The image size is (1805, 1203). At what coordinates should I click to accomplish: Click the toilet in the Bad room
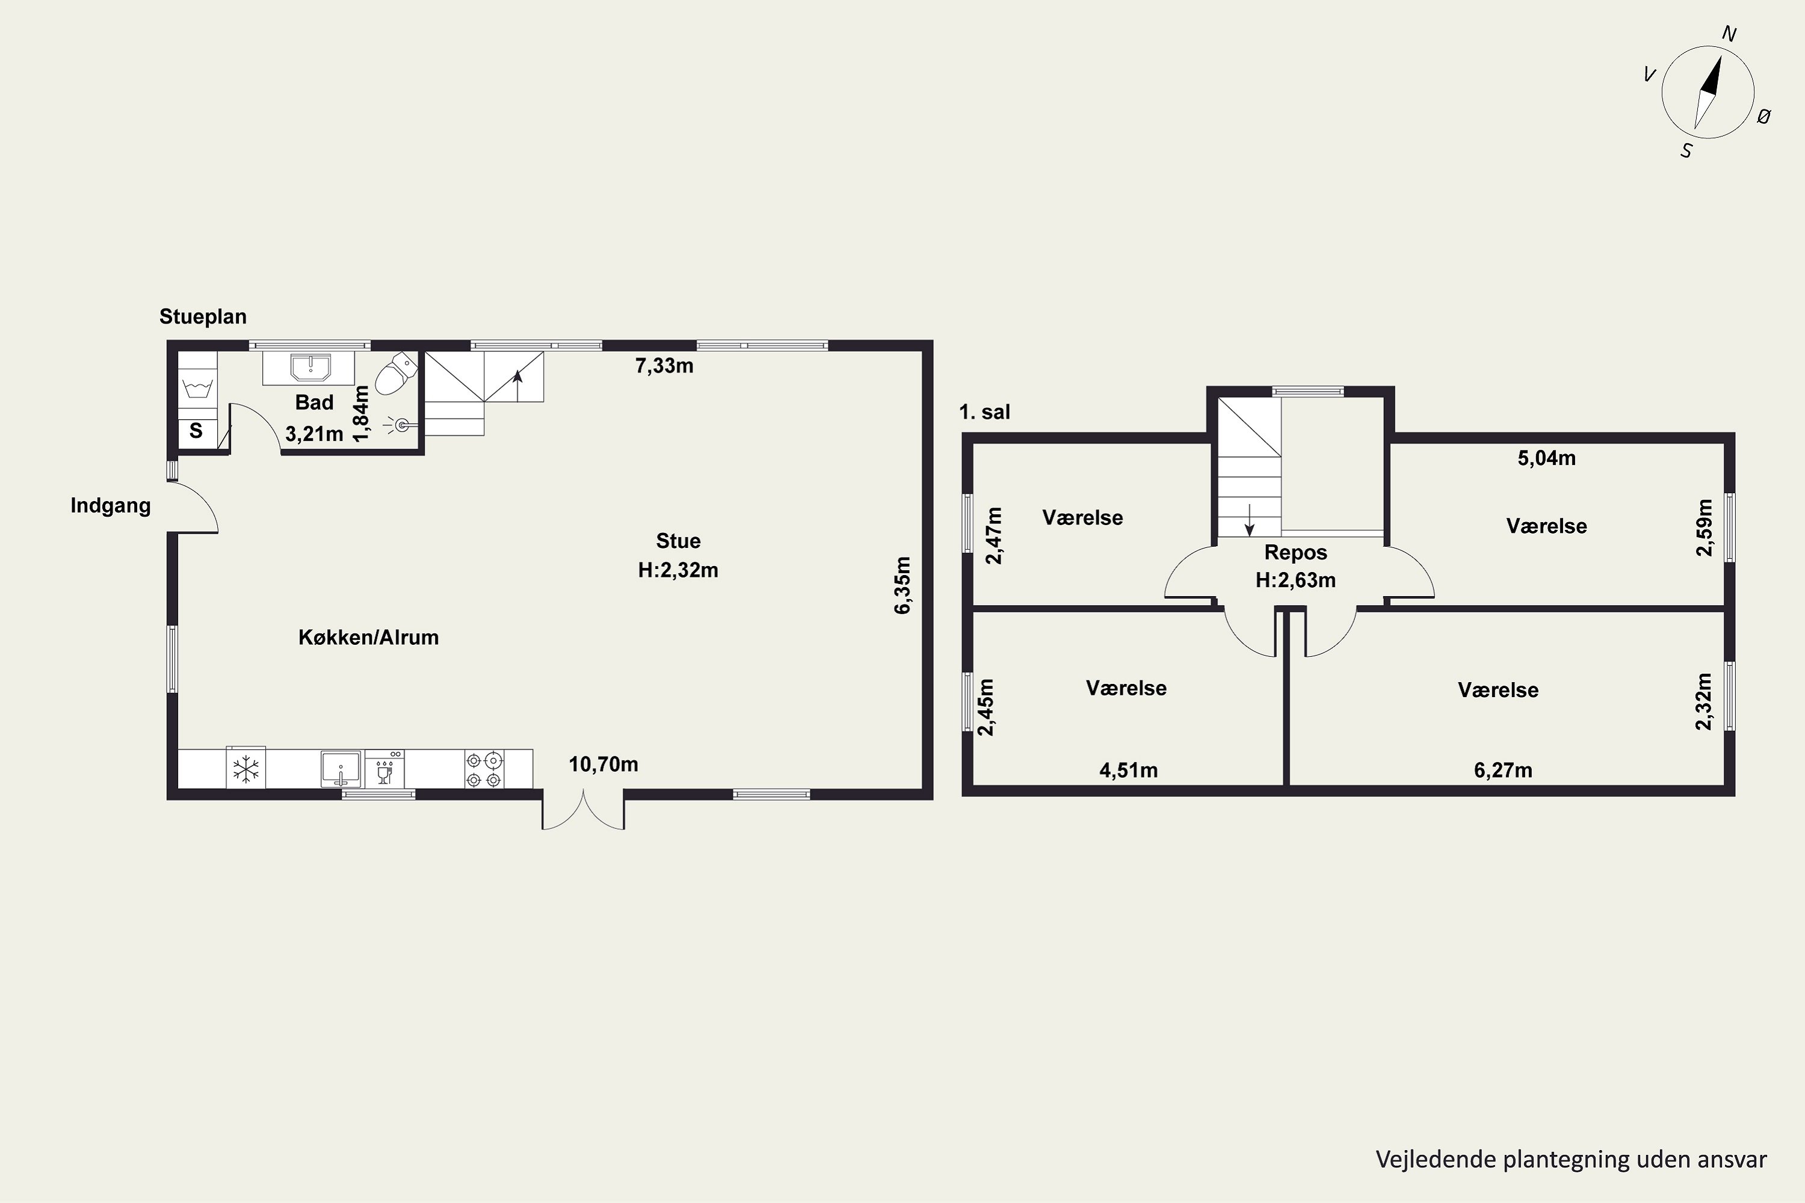pos(396,374)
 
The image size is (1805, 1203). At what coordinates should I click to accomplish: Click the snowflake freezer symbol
pos(245,768)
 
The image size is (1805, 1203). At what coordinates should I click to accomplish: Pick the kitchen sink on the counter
pos(341,769)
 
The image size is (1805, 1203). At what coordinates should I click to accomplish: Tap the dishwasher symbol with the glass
pos(384,769)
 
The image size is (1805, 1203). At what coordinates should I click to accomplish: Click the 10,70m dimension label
pos(603,764)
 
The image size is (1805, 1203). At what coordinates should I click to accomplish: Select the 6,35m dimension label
pos(902,585)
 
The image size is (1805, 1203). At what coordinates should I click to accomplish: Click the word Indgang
pos(111,506)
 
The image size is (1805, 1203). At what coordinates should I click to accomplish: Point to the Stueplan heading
pos(203,316)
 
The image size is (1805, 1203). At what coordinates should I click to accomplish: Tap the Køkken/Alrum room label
pos(368,637)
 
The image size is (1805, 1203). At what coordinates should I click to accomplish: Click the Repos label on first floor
pos(1295,552)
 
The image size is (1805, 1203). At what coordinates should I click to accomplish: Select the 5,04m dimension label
pos(1546,458)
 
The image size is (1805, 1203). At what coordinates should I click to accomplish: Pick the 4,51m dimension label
pos(1128,771)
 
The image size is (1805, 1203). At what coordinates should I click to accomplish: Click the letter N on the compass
pos(1729,34)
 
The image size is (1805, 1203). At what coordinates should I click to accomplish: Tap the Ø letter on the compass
pos(1763,117)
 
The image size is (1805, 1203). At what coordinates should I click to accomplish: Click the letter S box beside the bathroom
pos(197,431)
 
